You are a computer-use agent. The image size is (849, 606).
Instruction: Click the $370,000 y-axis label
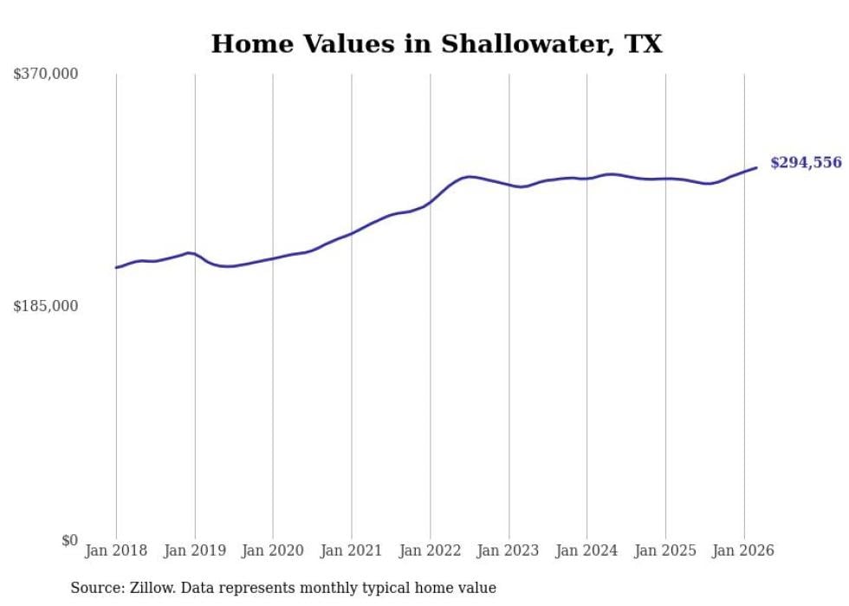(46, 75)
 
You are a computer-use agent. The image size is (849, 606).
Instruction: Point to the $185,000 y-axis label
(46, 307)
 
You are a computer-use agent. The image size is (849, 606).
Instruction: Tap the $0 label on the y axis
(69, 541)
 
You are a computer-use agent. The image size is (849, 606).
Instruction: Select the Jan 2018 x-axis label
(116, 551)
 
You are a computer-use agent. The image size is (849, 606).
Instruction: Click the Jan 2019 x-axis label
(195, 551)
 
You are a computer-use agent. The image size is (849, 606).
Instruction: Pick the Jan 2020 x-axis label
(273, 551)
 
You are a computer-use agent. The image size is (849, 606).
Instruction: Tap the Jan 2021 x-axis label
(352, 551)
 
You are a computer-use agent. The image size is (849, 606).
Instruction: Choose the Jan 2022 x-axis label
(430, 551)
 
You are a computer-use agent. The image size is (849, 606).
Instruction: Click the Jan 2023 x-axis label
(509, 551)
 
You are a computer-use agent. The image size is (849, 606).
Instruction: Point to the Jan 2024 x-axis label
(587, 551)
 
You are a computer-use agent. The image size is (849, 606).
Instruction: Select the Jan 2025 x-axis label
(665, 551)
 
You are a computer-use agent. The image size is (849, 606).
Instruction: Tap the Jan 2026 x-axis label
(743, 551)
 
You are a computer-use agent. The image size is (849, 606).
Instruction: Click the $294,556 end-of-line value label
(806, 163)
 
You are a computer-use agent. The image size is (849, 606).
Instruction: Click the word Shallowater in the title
(525, 44)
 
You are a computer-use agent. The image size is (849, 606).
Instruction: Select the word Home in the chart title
(247, 44)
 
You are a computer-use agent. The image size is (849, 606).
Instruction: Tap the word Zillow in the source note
(146, 589)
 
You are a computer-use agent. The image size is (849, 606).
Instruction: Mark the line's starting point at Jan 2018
(116, 267)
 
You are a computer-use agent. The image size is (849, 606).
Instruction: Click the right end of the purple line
(756, 167)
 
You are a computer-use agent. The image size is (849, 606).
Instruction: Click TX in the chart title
(645, 44)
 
